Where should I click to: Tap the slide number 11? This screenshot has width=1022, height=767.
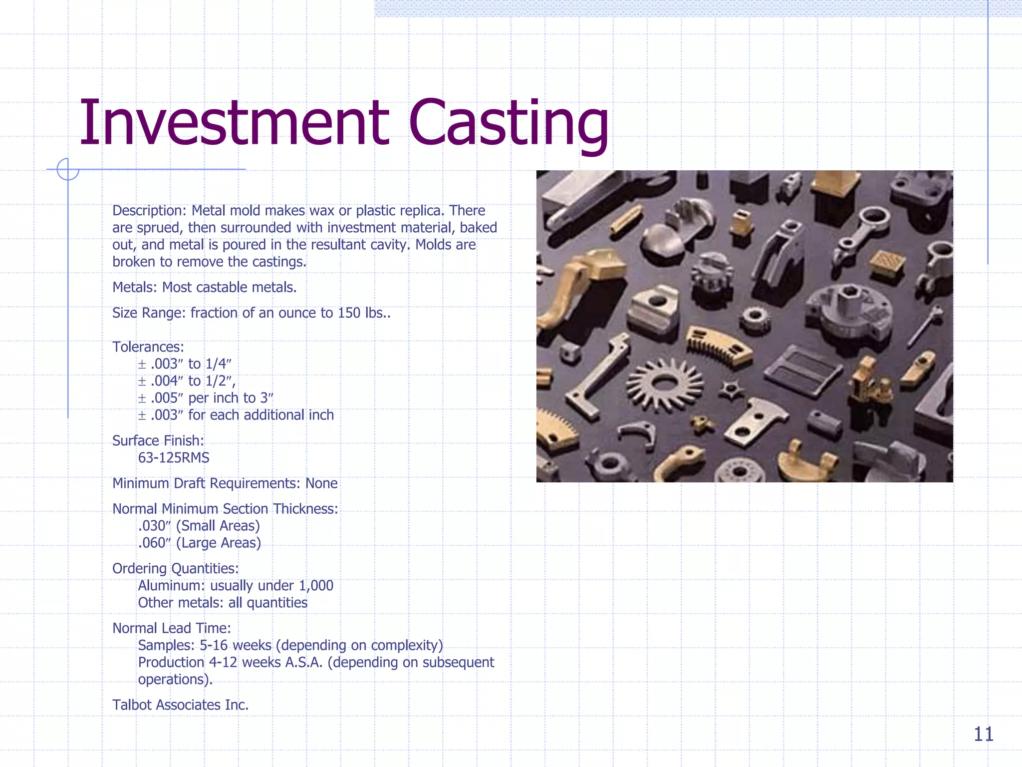coord(983,734)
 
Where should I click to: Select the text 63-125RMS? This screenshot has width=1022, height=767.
coord(174,458)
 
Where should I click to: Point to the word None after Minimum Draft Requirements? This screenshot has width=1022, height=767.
coord(321,483)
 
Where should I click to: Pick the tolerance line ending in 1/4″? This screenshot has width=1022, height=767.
coord(185,364)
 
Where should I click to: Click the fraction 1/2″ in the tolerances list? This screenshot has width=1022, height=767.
coord(219,381)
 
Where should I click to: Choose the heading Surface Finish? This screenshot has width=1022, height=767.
coord(158,441)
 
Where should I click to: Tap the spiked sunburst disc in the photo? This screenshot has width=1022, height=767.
coord(664,383)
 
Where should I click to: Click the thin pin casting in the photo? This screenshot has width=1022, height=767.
coord(925,327)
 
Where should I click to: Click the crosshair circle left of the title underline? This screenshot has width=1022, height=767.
coord(68,169)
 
